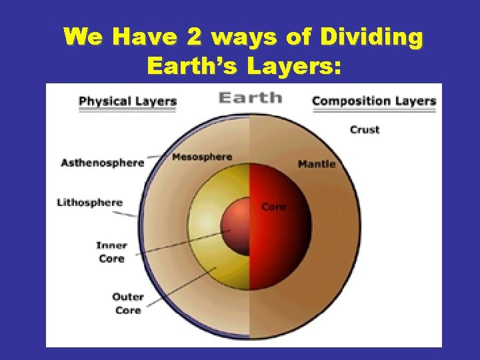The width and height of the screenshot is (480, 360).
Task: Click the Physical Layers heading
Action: (x=127, y=101)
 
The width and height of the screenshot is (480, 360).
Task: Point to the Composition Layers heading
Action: (x=373, y=101)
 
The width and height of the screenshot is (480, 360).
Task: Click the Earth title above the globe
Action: (x=250, y=97)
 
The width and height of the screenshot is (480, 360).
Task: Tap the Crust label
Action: (x=364, y=129)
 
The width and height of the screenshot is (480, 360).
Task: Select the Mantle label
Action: (x=317, y=163)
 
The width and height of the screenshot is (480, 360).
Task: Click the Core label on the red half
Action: (x=273, y=207)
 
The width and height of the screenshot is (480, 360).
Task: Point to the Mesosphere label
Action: (x=201, y=157)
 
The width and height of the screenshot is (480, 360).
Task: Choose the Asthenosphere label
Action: (x=102, y=163)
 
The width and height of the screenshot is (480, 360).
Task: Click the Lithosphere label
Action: (x=89, y=203)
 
